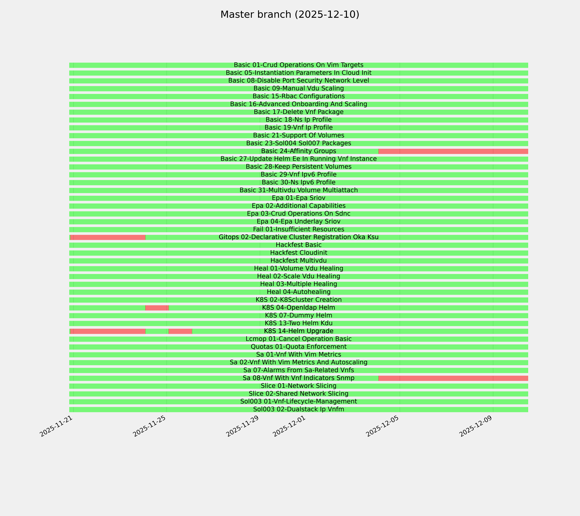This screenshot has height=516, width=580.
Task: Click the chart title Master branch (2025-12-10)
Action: point(290,15)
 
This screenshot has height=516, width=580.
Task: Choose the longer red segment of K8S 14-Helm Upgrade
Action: point(108,331)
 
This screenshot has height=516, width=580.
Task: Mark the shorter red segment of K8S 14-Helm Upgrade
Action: point(180,331)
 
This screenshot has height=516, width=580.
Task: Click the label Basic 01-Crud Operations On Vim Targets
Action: point(298,65)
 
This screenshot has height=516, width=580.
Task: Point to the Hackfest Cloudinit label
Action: point(298,253)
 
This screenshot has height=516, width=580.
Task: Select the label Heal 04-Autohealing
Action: point(298,292)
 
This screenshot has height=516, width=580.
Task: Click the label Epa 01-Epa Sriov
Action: point(298,198)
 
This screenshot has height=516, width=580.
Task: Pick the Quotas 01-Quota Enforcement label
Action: point(298,347)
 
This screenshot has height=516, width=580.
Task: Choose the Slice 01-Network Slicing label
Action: point(298,386)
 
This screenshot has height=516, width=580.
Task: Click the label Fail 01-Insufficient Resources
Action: point(298,229)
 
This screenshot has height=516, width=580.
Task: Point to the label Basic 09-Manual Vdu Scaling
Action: point(298,88)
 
